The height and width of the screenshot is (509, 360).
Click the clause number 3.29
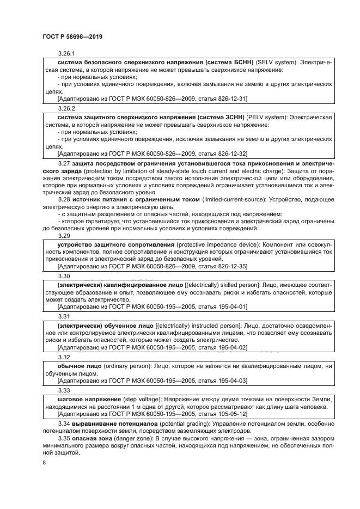(63, 236)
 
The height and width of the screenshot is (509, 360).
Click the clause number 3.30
(63, 275)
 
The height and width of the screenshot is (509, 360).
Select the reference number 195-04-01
(231, 306)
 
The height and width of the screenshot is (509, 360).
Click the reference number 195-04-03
(231, 380)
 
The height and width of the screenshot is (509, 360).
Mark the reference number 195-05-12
(231, 414)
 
